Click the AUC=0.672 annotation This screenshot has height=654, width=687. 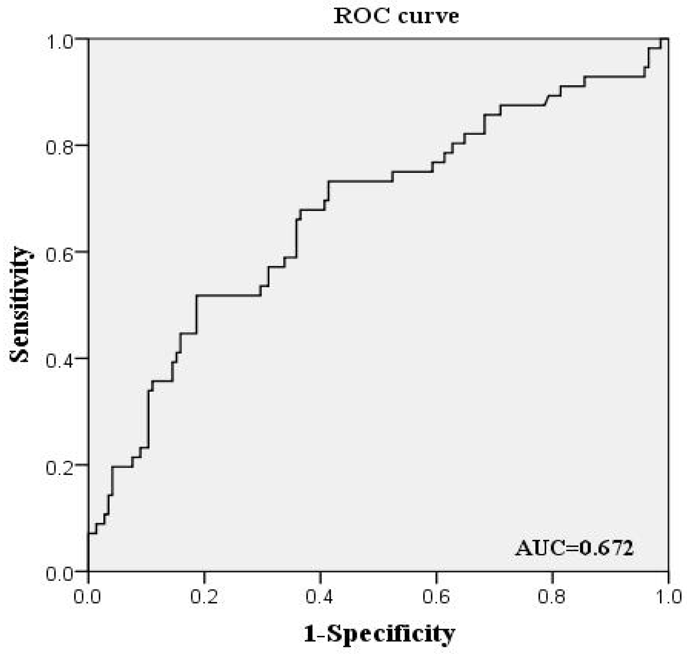pos(574,548)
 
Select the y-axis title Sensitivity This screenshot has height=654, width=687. pos(19,305)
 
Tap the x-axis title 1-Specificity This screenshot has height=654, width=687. pos(379,634)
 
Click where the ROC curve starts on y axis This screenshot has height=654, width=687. pos(89,533)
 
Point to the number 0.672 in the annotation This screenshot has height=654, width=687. pos(606,548)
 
